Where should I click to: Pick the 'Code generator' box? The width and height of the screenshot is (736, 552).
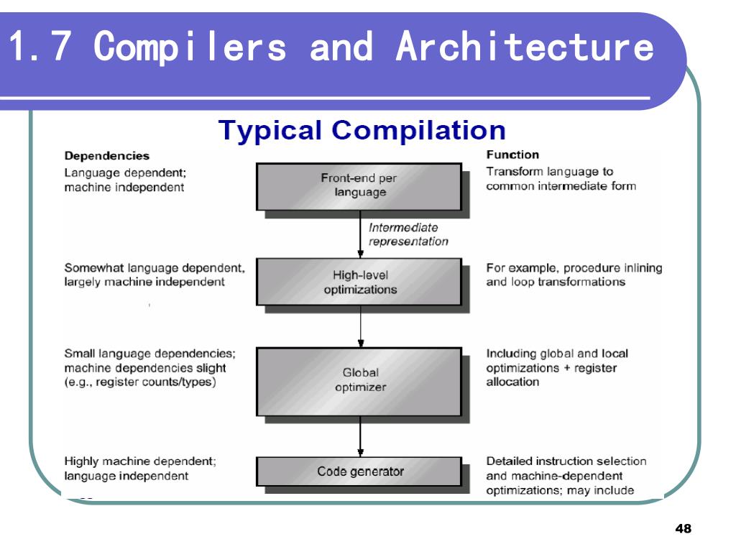tap(360, 471)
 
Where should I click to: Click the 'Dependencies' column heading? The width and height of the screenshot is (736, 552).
tap(107, 155)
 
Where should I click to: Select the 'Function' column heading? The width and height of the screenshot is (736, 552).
tap(512, 155)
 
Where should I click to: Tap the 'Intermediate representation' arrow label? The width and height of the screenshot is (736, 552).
tap(408, 234)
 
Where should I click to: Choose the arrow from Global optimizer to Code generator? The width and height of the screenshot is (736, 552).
tap(359, 437)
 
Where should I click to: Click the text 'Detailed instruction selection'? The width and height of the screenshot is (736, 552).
tap(566, 461)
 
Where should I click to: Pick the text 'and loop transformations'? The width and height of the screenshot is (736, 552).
tap(556, 282)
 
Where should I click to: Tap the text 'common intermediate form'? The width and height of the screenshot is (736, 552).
tap(562, 187)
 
